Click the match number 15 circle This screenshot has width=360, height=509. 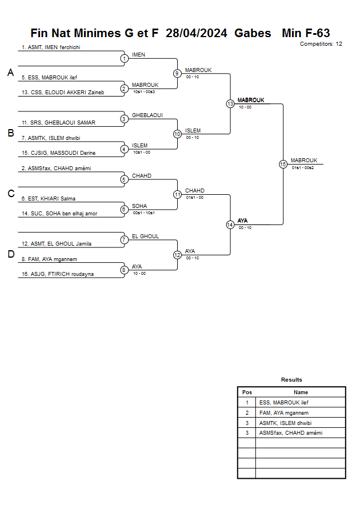pyautogui.click(x=283, y=165)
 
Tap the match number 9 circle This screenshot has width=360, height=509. pyautogui.click(x=177, y=74)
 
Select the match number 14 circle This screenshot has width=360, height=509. pyautogui.click(x=230, y=225)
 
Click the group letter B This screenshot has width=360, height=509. pyautogui.click(x=11, y=133)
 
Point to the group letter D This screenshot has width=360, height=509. pyautogui.click(x=11, y=254)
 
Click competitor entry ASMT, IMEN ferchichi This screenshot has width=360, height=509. pyautogui.click(x=51, y=47)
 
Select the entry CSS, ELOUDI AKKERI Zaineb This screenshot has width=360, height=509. pyautogui.click(x=63, y=93)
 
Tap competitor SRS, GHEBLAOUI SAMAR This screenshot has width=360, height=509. pyautogui.click(x=58, y=123)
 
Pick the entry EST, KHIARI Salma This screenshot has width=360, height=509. pyautogui.click(x=49, y=199)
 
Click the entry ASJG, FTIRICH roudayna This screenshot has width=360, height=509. pyautogui.click(x=58, y=274)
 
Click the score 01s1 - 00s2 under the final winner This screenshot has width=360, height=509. pyautogui.click(x=302, y=168)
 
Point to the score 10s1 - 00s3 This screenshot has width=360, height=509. pyautogui.click(x=144, y=92)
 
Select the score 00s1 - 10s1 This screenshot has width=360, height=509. pyautogui.click(x=144, y=213)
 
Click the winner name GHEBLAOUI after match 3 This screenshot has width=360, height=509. pyautogui.click(x=147, y=115)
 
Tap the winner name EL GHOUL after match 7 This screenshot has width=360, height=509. pyautogui.click(x=145, y=237)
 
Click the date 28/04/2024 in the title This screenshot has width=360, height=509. pyautogui.click(x=197, y=33)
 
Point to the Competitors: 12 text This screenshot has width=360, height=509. pyautogui.click(x=321, y=44)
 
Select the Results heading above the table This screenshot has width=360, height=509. pyautogui.click(x=291, y=380)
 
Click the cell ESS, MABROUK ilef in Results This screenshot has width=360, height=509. pyautogui.click(x=284, y=403)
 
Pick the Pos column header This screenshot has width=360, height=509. pyautogui.click(x=247, y=392)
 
